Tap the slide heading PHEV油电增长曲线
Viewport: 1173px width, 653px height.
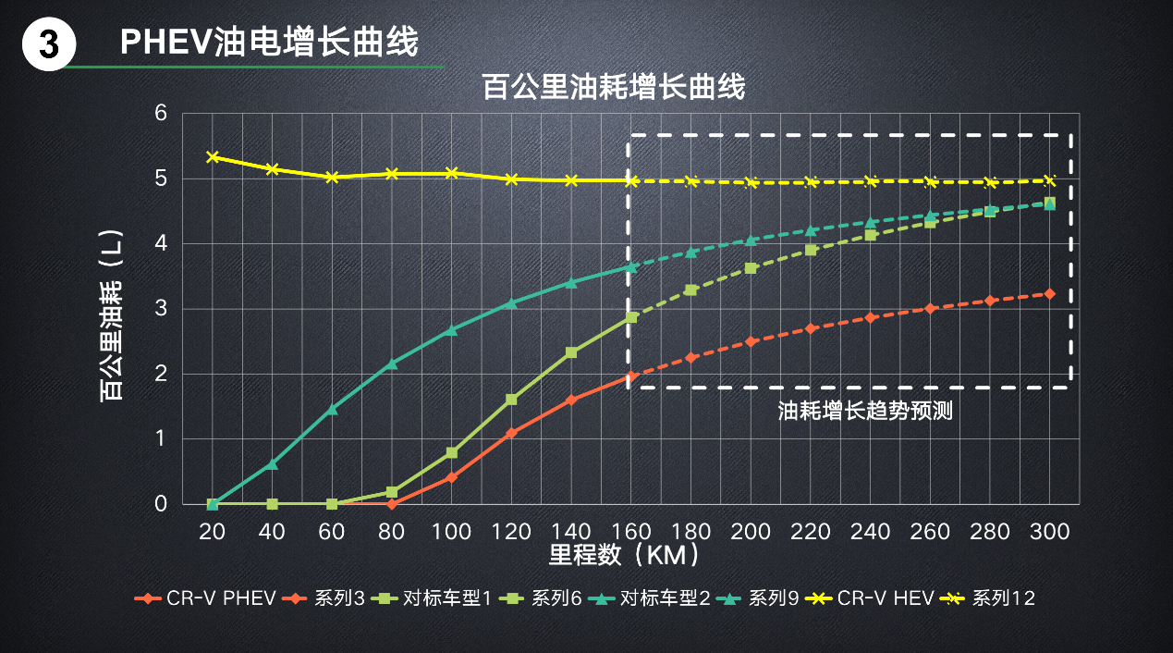269,42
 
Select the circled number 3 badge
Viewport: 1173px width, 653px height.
48,46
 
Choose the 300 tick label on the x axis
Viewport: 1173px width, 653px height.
1049,532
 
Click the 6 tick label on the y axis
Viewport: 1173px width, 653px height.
161,114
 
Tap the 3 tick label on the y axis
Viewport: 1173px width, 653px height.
161,309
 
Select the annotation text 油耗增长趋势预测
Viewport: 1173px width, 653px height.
865,411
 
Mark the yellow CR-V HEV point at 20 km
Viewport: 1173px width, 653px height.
213,157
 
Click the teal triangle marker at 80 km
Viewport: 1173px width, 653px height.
392,363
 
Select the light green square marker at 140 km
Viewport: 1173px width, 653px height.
571,352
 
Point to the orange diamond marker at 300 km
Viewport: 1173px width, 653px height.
1049,293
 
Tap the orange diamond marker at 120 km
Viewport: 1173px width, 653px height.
511,433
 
